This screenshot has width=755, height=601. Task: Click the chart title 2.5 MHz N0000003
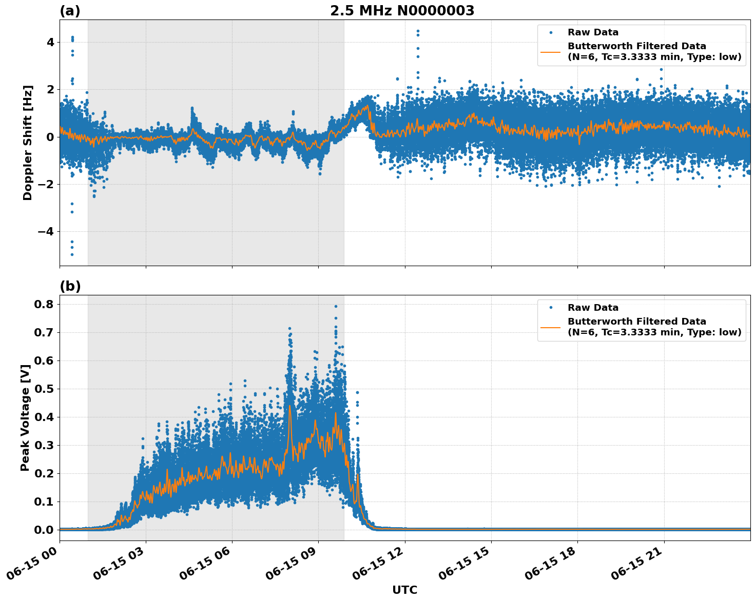click(x=402, y=11)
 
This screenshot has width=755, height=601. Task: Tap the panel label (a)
click(x=70, y=11)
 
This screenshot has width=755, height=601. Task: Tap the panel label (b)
click(x=70, y=286)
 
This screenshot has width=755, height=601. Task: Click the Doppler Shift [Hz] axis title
click(x=28, y=143)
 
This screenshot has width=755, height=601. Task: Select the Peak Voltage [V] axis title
click(x=25, y=417)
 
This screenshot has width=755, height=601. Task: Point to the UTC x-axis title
click(x=404, y=590)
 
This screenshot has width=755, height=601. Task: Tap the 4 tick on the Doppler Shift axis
click(x=50, y=42)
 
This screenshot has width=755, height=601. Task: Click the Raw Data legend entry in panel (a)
click(x=593, y=32)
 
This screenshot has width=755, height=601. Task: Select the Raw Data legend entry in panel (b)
click(x=593, y=308)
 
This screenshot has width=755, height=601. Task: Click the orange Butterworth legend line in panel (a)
click(x=551, y=52)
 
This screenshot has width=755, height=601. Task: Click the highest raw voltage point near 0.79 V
click(x=336, y=306)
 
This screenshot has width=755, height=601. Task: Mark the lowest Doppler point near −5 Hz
click(x=72, y=254)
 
